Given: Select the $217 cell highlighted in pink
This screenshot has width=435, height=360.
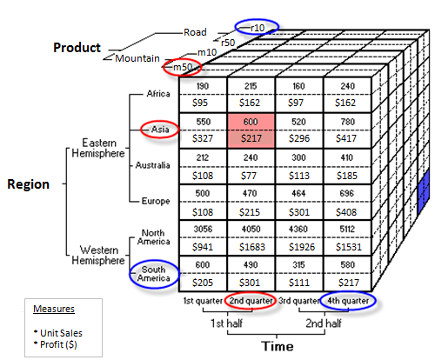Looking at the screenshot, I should tap(251, 137).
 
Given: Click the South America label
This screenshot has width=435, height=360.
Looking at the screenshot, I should tap(151, 276).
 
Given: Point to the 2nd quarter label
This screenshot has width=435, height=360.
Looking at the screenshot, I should tap(251, 302).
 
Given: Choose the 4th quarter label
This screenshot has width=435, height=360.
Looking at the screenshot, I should tap(347, 302).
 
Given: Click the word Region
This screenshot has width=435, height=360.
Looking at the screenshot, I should tap(29, 184).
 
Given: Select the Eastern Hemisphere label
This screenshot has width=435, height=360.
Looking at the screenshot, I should tap(96, 149).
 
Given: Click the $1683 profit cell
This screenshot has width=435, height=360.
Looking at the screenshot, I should tap(251, 247).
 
